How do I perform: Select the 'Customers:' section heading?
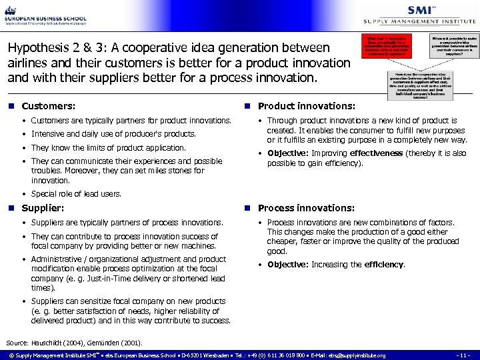pyautogui.click(x=48, y=106)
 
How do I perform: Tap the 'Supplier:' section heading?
pyautogui.click(x=43, y=208)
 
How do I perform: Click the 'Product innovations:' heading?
pyautogui.click(x=306, y=106)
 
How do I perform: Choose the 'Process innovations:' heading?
pyautogui.click(x=306, y=208)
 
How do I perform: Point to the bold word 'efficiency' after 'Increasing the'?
pyautogui.click(x=384, y=264)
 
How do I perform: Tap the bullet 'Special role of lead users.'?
pyautogui.click(x=76, y=194)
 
